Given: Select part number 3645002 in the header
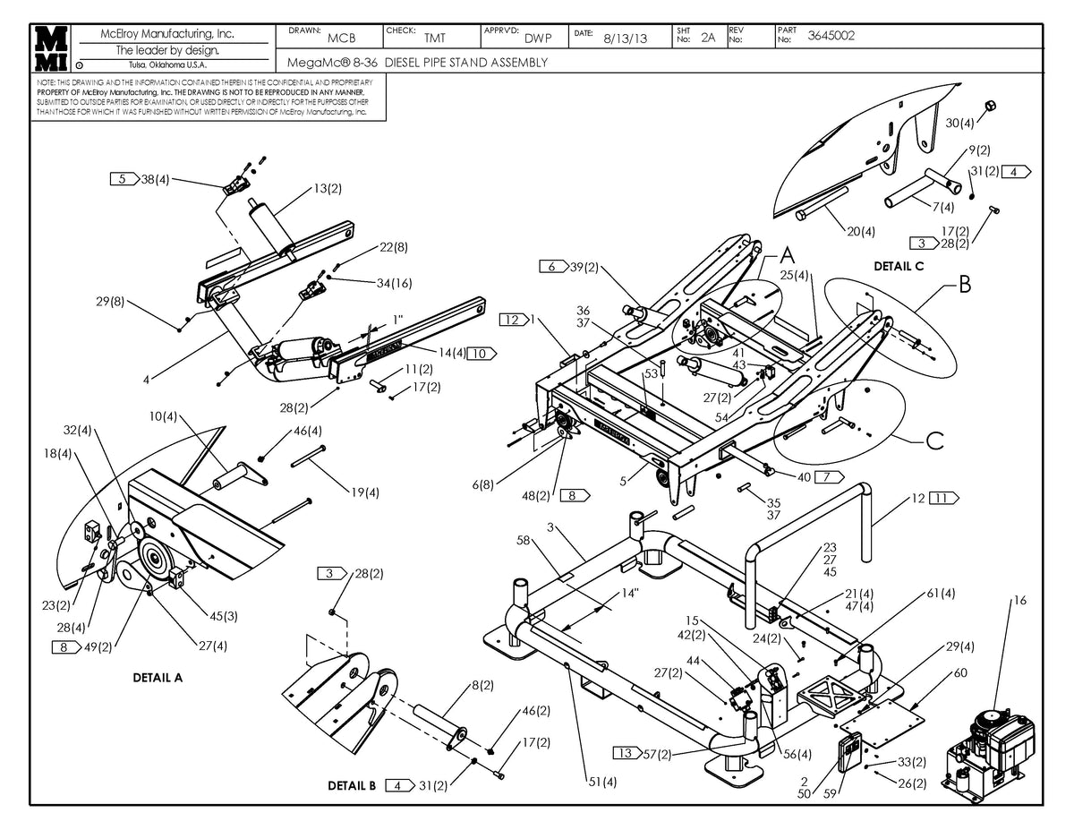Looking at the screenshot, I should (831, 36).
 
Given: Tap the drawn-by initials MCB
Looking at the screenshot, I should (342, 39).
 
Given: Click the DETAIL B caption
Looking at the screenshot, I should (352, 786).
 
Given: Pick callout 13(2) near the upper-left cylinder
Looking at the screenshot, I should (327, 189).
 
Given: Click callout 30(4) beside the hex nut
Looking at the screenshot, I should (961, 122).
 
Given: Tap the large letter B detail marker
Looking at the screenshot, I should (964, 287).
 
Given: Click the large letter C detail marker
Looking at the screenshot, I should (933, 441).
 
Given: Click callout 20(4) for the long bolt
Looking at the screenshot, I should (860, 231).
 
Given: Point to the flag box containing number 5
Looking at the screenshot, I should (124, 179).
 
